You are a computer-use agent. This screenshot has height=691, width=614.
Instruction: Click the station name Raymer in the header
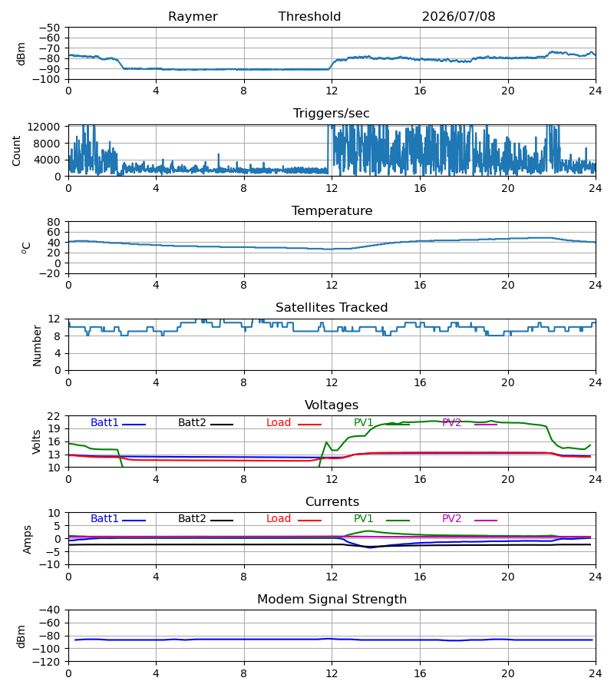click(193, 17)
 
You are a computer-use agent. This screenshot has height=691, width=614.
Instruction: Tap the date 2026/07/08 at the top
click(458, 17)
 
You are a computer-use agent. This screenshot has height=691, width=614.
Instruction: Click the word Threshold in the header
click(309, 17)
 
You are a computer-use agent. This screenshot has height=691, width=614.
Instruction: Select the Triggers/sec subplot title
click(332, 114)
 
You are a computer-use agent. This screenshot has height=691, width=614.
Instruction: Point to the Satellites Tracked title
click(332, 308)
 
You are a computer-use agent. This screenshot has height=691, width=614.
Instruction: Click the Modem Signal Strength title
click(332, 600)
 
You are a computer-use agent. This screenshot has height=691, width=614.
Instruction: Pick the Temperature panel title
click(332, 210)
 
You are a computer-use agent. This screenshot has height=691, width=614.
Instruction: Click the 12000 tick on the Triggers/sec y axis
click(44, 127)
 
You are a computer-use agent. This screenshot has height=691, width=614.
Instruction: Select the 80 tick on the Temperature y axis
click(54, 222)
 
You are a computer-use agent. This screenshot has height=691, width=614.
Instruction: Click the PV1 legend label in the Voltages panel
click(363, 422)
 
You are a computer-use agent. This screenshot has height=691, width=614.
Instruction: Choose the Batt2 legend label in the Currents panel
click(192, 519)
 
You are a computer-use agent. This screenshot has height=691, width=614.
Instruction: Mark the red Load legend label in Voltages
click(279, 422)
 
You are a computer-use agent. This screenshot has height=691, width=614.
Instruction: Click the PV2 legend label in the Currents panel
click(451, 519)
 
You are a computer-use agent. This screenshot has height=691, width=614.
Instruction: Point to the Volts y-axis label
click(36, 442)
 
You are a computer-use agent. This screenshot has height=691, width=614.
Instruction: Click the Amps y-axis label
click(28, 540)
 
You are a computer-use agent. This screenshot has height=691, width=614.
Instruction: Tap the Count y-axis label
click(16, 151)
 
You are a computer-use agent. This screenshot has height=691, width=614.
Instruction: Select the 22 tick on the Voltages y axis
click(54, 416)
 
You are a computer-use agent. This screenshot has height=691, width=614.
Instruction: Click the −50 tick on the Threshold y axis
click(49, 28)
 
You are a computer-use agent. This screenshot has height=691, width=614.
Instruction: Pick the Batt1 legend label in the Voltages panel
click(104, 422)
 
